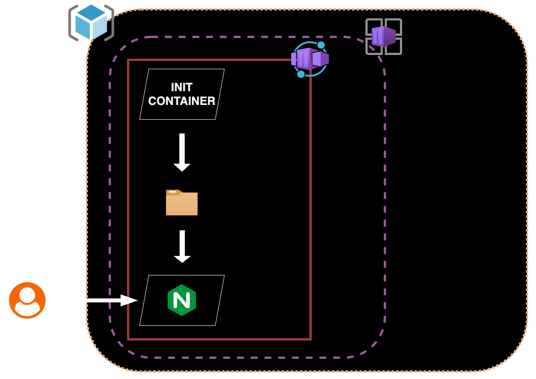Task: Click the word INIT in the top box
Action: [x=182, y=87]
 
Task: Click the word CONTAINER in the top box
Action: [x=182, y=101]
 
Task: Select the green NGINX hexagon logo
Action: [x=182, y=300]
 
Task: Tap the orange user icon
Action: [x=27, y=300]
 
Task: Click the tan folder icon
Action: [x=182, y=203]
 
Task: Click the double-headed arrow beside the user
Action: [x=96, y=301]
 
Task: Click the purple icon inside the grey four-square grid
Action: [x=384, y=37]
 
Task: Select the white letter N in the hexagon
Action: [x=182, y=300]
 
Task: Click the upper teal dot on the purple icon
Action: [x=321, y=45]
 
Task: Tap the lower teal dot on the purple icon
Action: [x=301, y=74]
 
